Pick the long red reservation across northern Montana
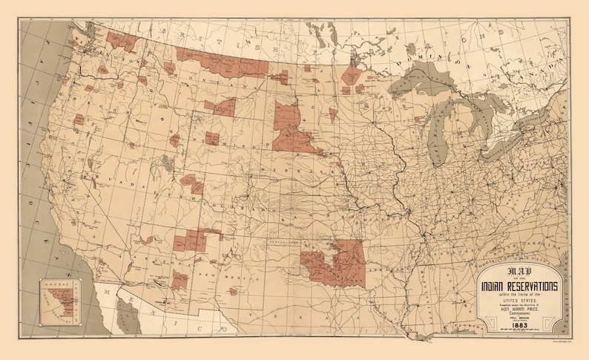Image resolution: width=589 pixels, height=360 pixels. point(223,64)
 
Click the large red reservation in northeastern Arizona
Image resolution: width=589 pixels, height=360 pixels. point(189,242)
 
